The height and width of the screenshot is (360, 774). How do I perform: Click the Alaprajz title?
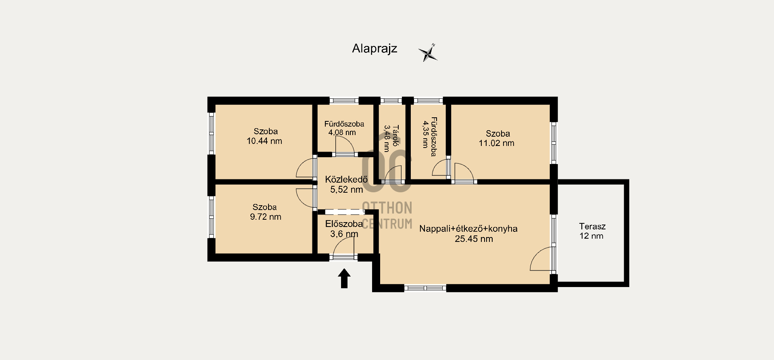click(x=375, y=49)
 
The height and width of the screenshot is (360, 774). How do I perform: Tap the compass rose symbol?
click(x=428, y=53)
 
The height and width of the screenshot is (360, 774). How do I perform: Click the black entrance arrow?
click(x=344, y=279)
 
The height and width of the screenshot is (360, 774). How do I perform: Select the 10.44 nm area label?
click(x=264, y=141)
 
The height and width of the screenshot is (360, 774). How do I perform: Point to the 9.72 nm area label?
click(x=265, y=217)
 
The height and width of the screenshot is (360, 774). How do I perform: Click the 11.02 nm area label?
click(x=496, y=143)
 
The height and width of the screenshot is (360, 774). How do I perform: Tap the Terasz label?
click(x=592, y=227)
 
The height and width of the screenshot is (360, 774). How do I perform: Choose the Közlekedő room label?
click(x=346, y=179)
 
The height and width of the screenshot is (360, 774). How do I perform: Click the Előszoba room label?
click(x=344, y=224)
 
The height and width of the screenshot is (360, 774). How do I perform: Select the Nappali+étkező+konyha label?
click(x=468, y=229)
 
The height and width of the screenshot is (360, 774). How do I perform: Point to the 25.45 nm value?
click(x=474, y=239)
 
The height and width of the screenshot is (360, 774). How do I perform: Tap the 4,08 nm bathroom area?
click(x=342, y=132)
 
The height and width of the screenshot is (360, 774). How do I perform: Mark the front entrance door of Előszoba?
click(x=343, y=247)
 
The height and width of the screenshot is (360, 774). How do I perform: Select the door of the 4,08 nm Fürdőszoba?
click(x=345, y=146)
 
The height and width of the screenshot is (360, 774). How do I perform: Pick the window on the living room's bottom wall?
click(x=425, y=288)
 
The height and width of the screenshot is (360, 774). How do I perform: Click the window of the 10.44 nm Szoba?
click(x=211, y=133)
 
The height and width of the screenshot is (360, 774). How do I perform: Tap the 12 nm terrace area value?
click(x=591, y=236)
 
